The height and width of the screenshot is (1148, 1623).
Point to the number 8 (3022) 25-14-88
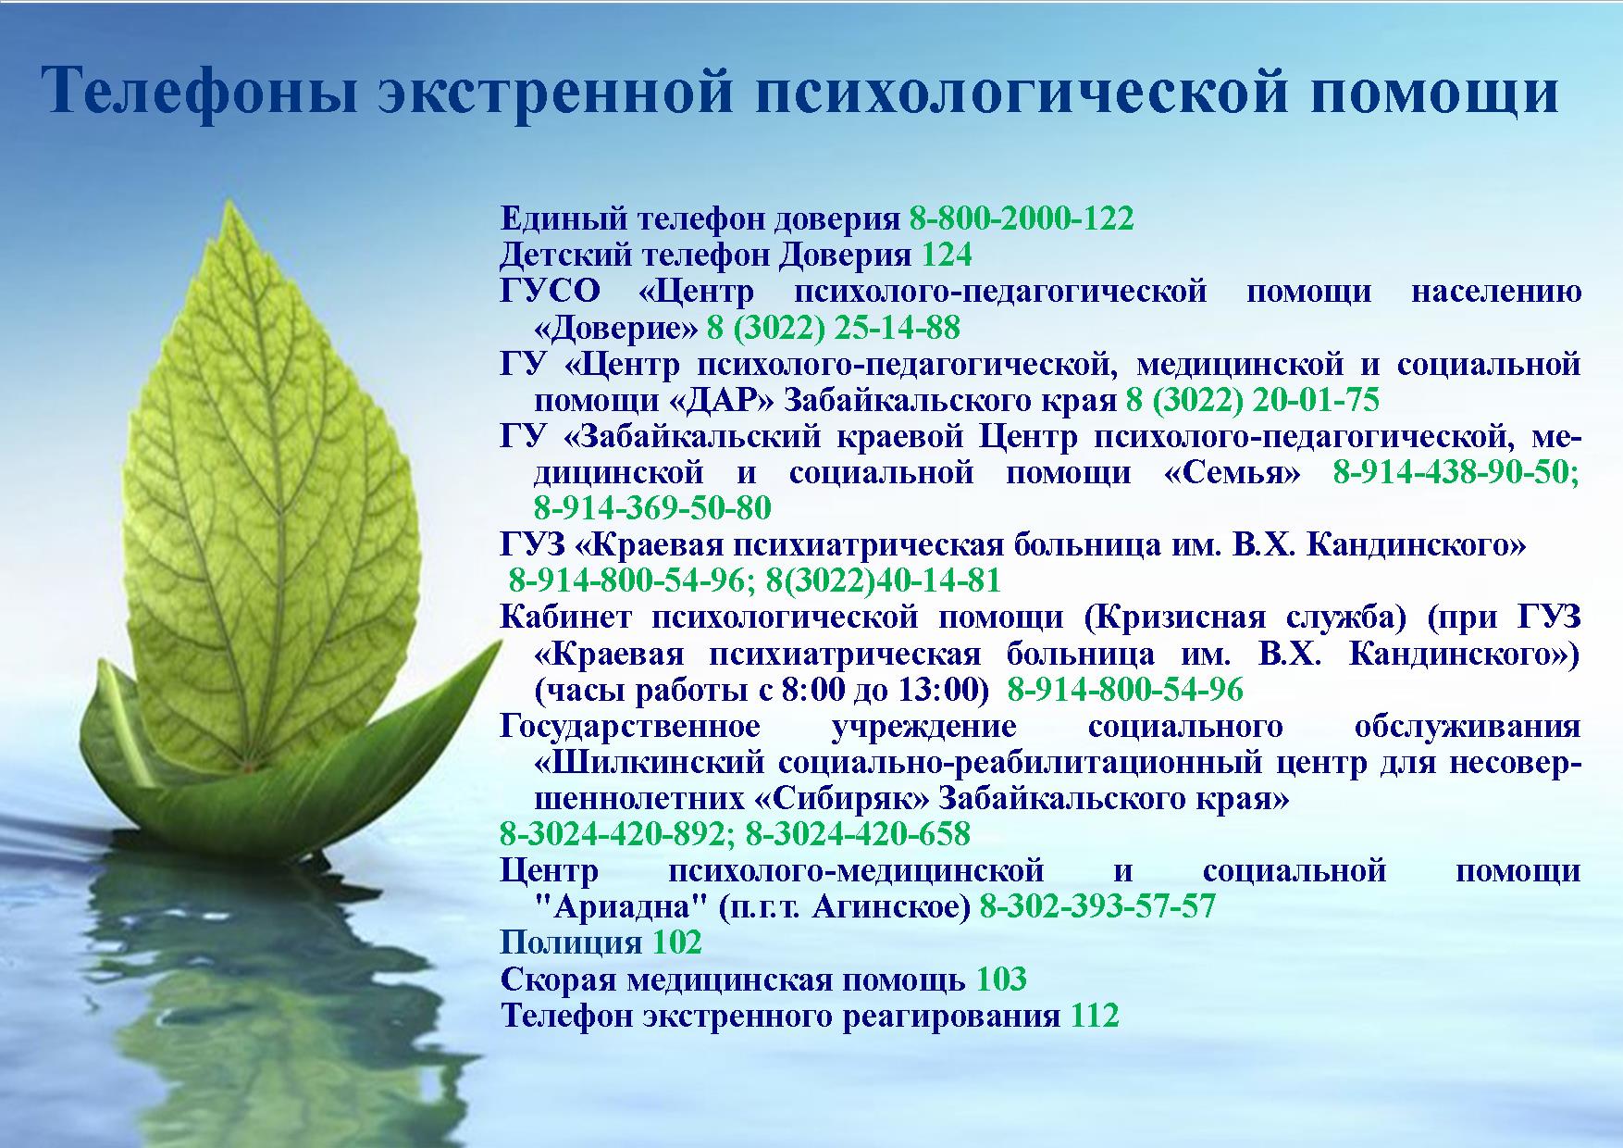pos(834,328)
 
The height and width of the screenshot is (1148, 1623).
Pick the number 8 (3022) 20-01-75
pos(1253,400)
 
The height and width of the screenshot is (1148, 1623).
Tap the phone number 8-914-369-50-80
pos(652,508)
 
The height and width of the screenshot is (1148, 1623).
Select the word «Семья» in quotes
pos(1232,472)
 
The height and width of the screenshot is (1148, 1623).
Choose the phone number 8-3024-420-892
pos(617,834)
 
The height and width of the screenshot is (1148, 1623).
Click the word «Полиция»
pos(571,942)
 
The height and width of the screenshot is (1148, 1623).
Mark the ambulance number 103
pos(1000,979)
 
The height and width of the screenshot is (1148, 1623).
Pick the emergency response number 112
pos(1095,1016)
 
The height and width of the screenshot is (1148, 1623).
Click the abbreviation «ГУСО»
pos(550,292)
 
